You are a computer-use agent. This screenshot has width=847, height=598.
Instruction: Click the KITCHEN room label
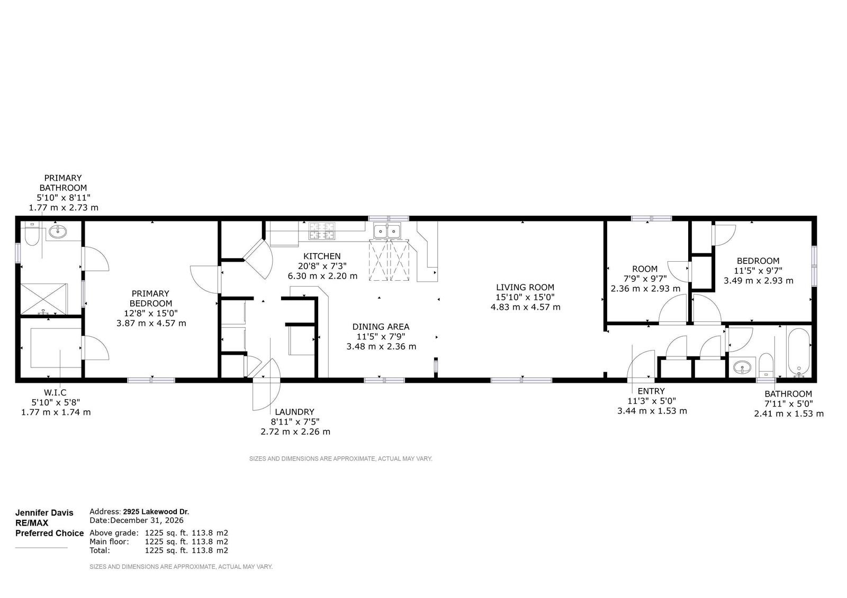tap(322, 256)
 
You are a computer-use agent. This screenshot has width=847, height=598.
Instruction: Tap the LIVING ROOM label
tap(525, 287)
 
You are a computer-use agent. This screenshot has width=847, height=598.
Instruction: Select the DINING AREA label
tap(381, 327)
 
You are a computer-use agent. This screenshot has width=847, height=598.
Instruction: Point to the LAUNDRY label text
tap(294, 412)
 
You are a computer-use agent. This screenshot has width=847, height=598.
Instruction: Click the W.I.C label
tap(55, 392)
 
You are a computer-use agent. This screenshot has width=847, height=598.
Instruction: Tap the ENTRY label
tap(651, 391)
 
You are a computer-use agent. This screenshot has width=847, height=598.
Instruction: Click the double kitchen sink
tap(387, 231)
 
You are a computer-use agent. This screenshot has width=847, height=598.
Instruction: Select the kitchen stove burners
tap(322, 231)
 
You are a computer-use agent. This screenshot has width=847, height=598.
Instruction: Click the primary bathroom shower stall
tap(43, 299)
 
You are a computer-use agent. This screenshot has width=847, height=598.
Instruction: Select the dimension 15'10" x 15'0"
tap(525, 297)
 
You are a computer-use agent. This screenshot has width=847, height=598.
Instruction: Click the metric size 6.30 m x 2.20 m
tap(322, 276)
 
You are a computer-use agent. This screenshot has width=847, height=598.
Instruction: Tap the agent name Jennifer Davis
tap(44, 513)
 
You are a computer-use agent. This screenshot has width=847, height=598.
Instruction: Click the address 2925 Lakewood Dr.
tap(156, 512)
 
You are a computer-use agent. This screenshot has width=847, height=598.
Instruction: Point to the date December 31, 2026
tap(147, 520)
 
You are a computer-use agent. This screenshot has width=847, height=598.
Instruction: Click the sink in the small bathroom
tap(742, 367)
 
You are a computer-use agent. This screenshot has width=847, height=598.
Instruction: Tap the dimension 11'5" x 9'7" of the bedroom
tap(758, 271)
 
